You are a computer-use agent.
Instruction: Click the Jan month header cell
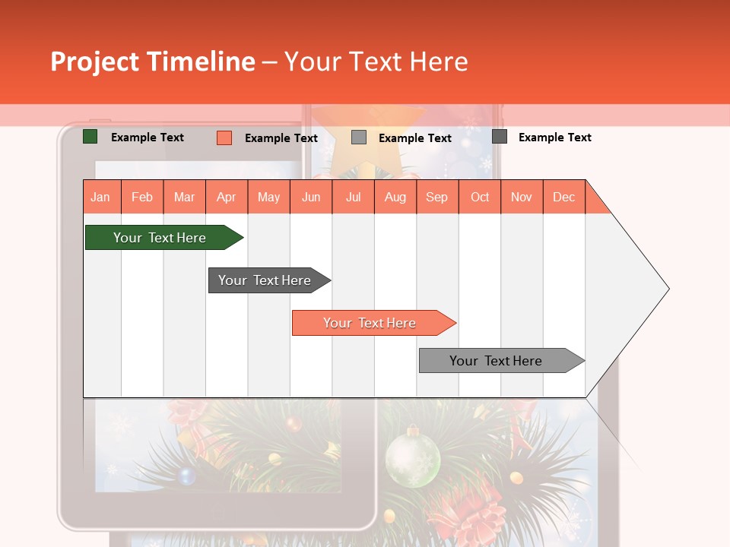coord(101,197)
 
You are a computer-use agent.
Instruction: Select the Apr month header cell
coord(227,197)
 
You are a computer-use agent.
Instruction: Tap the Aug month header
coord(395,197)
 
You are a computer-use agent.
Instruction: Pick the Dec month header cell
coord(563,197)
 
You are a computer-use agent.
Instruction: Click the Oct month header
coord(479,197)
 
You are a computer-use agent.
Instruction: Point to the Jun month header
coord(310,197)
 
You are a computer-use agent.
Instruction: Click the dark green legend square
coord(90,137)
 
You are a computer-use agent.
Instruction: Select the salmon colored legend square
coord(224,138)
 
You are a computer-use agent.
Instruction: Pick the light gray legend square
coord(359,138)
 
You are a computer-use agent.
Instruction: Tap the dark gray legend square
coord(500,137)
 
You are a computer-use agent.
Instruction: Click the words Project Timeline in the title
coord(152,62)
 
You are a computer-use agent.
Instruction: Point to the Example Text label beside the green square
coord(148,138)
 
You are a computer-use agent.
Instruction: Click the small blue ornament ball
coord(186,476)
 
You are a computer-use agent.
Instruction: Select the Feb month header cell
coord(142,197)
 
